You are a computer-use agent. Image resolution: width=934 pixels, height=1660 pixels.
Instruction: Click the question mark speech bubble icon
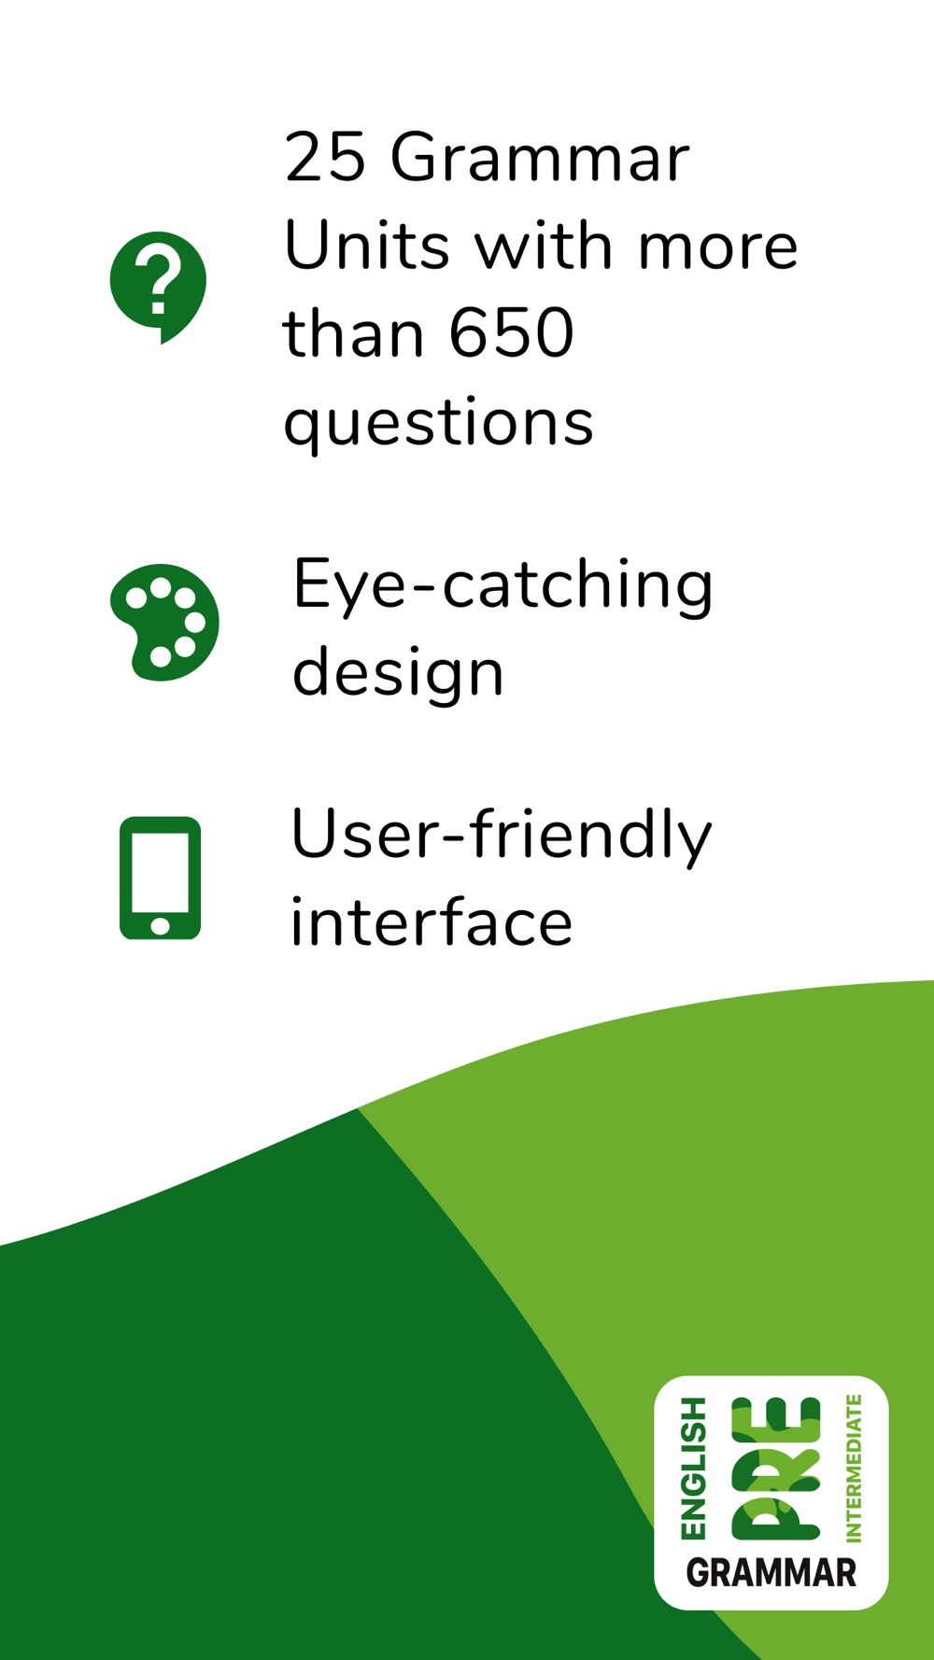(158, 286)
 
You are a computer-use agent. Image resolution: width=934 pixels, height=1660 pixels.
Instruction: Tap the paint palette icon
(164, 622)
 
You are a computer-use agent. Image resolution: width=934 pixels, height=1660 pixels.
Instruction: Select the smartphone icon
(161, 878)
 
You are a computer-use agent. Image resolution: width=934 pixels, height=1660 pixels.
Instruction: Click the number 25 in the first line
(325, 157)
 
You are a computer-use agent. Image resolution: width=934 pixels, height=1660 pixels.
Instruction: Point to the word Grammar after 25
(540, 157)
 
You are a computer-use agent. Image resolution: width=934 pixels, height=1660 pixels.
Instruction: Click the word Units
(368, 246)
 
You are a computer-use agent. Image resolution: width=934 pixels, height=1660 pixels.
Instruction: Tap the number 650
(511, 333)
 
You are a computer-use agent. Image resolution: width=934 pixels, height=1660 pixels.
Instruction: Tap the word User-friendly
(501, 837)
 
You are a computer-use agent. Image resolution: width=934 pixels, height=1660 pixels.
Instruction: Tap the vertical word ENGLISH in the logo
(694, 1468)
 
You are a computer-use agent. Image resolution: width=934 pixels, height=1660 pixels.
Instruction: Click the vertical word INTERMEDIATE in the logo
(853, 1468)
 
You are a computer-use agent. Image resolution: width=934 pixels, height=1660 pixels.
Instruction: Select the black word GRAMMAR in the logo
(771, 1573)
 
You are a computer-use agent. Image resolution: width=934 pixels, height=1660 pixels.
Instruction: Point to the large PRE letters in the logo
(776, 1468)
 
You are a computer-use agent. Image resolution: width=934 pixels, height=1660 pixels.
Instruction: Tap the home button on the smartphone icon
(161, 925)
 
